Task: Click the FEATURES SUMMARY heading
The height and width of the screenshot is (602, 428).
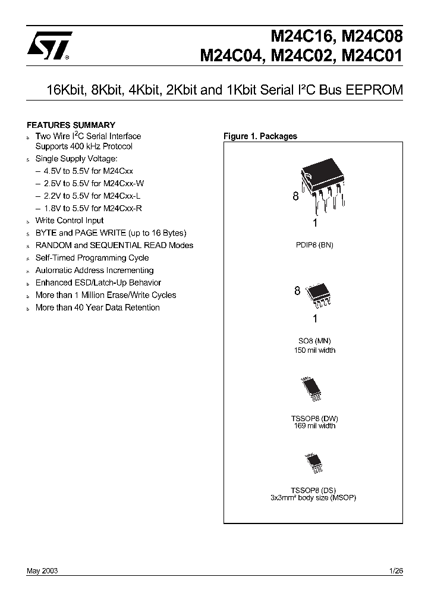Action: click(x=71, y=125)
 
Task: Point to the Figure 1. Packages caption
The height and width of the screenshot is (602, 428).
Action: click(x=260, y=136)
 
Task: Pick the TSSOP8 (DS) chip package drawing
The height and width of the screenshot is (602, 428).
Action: click(x=313, y=462)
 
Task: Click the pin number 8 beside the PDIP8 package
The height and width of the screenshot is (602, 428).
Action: click(x=295, y=197)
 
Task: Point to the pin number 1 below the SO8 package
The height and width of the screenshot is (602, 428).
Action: click(x=315, y=318)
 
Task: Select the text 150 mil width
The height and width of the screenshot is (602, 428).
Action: click(x=314, y=350)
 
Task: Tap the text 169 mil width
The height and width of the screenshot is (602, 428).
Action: click(x=314, y=425)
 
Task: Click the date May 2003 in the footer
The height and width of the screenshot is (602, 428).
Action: click(x=42, y=570)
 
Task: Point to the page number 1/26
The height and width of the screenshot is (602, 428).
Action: click(x=395, y=570)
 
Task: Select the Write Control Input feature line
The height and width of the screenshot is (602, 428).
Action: click(x=70, y=221)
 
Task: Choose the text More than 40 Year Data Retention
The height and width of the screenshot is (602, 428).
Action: click(x=97, y=308)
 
